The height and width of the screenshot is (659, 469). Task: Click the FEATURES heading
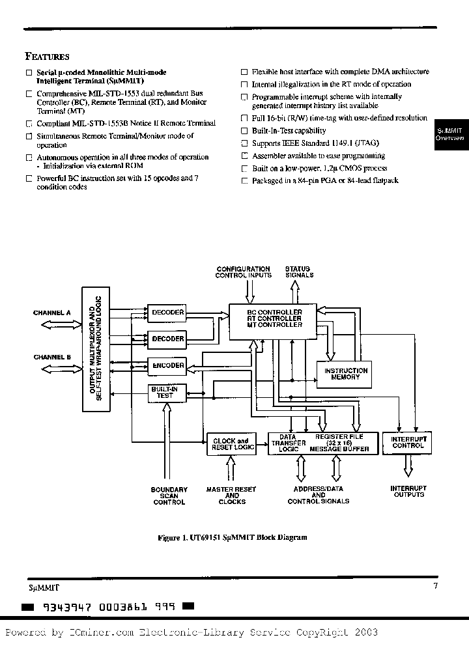47,57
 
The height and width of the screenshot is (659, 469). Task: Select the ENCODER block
167,365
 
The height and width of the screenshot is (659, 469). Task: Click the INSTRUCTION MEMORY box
346,373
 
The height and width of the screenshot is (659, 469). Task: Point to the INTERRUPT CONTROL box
408,443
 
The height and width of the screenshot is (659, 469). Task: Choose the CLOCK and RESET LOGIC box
230,445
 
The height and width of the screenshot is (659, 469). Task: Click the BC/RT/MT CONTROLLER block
272,319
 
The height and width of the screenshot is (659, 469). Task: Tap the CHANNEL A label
51,313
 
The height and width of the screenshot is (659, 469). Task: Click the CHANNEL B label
51,357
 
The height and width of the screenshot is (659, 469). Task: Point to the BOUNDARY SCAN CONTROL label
169,496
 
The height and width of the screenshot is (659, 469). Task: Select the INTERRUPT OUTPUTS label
408,492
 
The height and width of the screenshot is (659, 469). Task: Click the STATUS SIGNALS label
298,272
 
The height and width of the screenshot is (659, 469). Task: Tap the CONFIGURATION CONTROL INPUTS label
243,272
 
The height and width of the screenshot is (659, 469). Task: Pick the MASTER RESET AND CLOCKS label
231,496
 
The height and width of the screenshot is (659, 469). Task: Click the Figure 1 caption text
232,538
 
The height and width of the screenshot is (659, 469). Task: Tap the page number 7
436,585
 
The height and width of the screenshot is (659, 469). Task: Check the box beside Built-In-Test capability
244,132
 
